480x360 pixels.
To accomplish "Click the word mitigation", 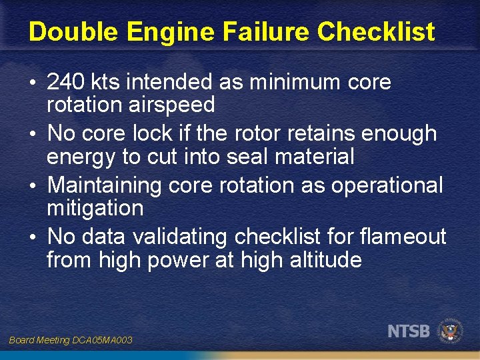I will (x=95, y=208).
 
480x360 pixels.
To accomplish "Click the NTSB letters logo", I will (x=409, y=331).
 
